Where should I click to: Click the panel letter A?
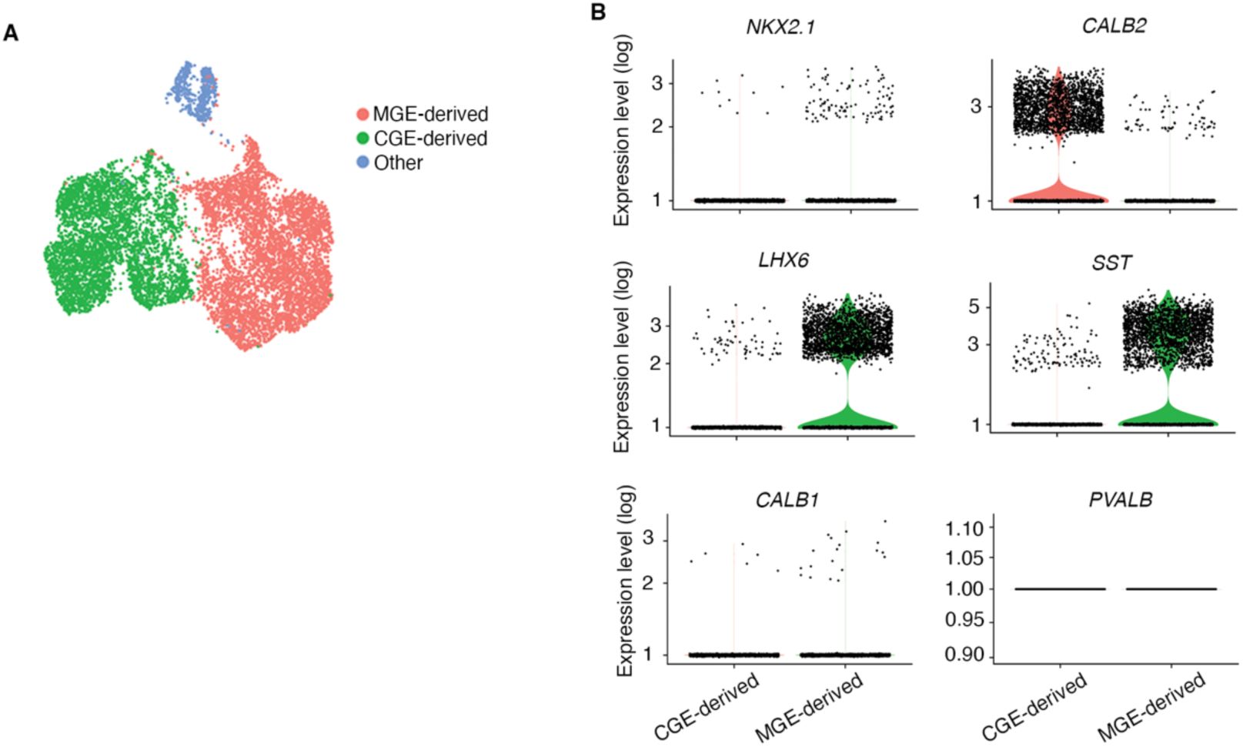coord(11,33)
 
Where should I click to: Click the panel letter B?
coord(598,12)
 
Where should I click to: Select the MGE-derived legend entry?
coord(429,114)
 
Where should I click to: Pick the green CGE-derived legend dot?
coord(363,139)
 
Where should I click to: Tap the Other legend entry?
coord(397,163)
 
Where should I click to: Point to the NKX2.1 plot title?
coord(780,27)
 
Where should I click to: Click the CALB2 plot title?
coord(1114,26)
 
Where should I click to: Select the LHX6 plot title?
coord(784,260)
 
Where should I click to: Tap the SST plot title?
coord(1111,263)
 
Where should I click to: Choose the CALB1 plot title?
coord(787,501)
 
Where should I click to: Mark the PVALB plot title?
coord(1121,501)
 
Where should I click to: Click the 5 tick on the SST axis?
coord(974,307)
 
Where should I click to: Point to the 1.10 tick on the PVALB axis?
coord(964,528)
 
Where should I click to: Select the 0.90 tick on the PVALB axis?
coord(964,655)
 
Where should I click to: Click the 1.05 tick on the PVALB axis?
coord(964,558)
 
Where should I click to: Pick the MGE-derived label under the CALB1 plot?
coord(810,707)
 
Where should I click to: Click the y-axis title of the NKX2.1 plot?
coord(622,129)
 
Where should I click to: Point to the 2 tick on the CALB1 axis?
coord(648,583)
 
